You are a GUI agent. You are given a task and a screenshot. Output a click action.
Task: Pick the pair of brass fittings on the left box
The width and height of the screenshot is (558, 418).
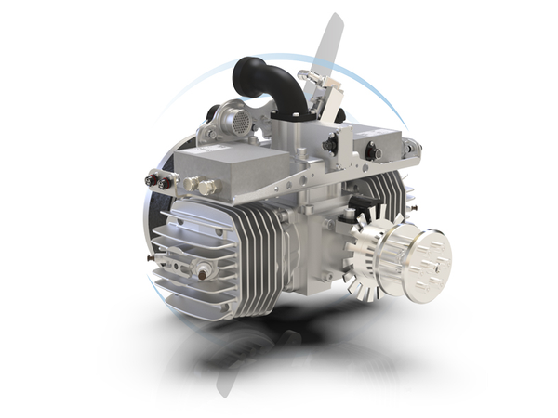pos(197,187)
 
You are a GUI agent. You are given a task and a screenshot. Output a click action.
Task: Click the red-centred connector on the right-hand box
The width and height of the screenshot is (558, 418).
pos(372,150)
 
